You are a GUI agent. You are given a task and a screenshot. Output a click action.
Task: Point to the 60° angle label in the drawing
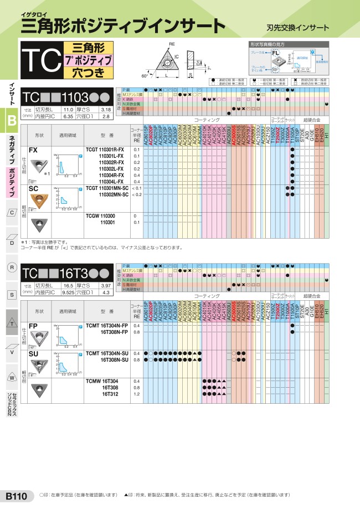pyautogui.click(x=145, y=75)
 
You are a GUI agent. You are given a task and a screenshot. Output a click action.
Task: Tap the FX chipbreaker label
pyautogui.click(x=34, y=150)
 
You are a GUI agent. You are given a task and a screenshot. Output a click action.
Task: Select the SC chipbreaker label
pyautogui.click(x=34, y=189)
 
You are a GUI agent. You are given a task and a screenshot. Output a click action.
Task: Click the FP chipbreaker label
pyautogui.click(x=33, y=326)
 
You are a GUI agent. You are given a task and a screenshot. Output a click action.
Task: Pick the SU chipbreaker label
pyautogui.click(x=34, y=352)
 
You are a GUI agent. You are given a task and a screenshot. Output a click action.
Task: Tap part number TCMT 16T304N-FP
pyautogui.click(x=107, y=326)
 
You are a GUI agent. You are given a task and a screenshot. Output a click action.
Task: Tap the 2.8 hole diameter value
pyautogui.click(x=106, y=117)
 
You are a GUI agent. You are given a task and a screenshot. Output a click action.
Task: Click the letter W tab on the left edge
pyautogui.click(x=12, y=378)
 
